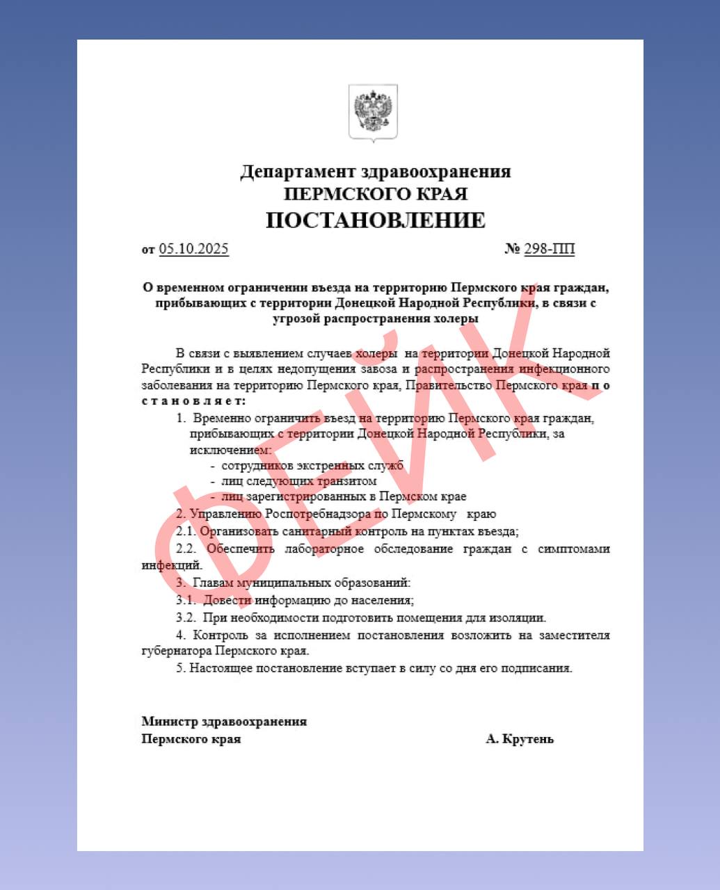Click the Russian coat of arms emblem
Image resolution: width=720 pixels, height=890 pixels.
[x=373, y=113]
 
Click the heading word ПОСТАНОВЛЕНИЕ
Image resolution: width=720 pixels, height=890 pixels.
[x=376, y=220]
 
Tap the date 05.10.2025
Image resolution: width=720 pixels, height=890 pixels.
[x=193, y=249]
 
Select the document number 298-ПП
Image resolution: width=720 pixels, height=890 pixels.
[x=549, y=249]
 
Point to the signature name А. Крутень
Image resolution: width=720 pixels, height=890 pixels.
[x=520, y=738]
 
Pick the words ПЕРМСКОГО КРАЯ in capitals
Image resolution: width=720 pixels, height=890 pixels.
[x=376, y=194]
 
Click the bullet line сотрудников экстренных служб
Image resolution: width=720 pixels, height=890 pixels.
[x=312, y=465]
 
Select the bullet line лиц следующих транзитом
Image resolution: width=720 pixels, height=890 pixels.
[x=299, y=481]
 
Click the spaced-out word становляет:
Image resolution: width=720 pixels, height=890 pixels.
[x=194, y=401]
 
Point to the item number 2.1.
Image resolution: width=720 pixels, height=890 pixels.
[x=186, y=532]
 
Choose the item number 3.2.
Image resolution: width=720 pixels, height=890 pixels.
[x=186, y=617]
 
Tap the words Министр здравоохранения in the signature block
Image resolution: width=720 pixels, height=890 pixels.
[x=224, y=722]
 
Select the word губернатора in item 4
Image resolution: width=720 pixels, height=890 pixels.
[x=176, y=652]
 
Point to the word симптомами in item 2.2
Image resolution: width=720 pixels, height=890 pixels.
[x=574, y=549]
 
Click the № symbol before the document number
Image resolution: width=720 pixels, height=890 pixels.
[x=512, y=249]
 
